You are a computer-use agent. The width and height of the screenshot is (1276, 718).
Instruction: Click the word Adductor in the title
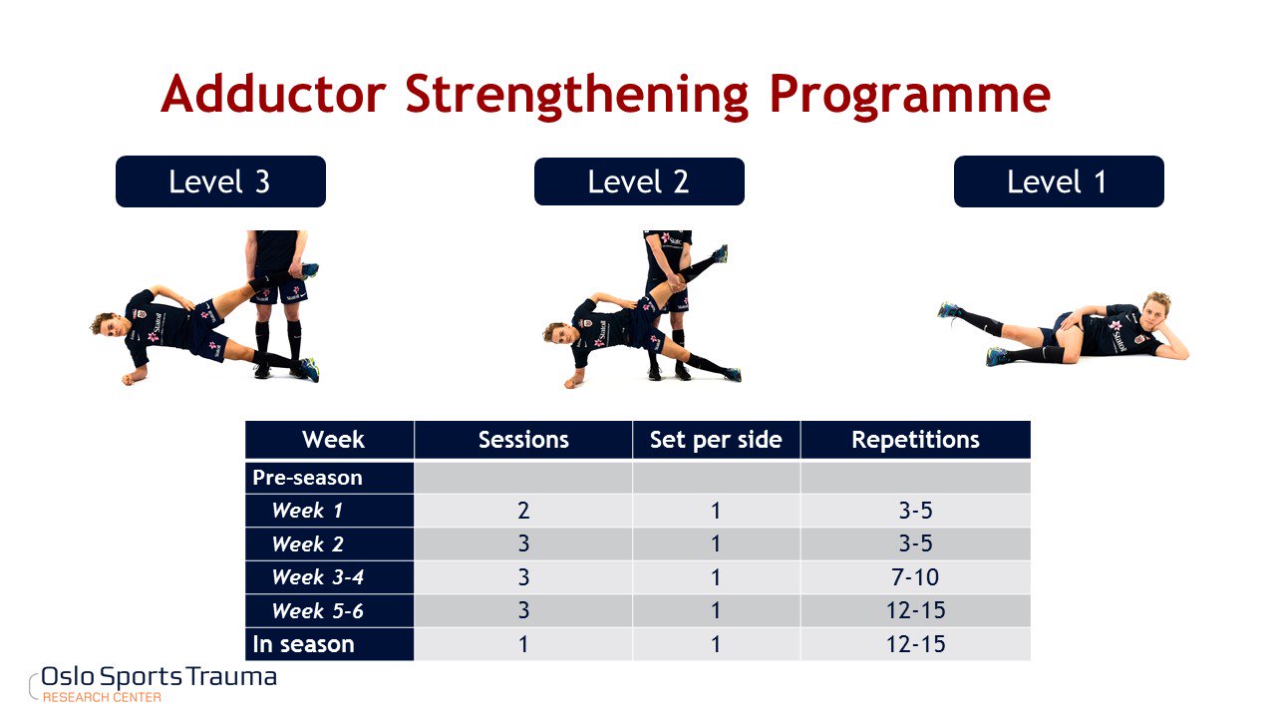coord(273,94)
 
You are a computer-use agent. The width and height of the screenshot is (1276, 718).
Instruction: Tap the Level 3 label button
coord(220,181)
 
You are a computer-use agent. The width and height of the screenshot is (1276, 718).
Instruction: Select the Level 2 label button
coord(639,181)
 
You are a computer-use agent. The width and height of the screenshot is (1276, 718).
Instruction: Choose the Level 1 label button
coord(1059,181)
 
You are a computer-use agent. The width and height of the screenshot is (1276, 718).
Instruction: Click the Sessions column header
coord(523,440)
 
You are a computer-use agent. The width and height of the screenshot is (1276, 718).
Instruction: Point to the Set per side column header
coord(716,440)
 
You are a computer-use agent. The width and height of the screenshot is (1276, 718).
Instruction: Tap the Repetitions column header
coord(915,440)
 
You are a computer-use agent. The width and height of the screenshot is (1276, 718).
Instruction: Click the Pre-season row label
coord(307,478)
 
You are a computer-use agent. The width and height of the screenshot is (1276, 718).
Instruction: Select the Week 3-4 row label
coord(317,577)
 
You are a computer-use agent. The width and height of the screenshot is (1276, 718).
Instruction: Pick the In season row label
coord(303,644)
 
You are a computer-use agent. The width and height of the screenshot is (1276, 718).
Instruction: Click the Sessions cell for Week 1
coord(523,510)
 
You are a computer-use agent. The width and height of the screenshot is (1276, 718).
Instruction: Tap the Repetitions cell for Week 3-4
coord(915,577)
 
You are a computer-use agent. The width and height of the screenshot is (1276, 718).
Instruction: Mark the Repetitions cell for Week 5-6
coord(915,611)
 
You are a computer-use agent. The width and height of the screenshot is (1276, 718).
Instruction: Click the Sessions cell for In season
coord(523,644)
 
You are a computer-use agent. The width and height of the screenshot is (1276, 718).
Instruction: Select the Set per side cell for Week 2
coord(716,543)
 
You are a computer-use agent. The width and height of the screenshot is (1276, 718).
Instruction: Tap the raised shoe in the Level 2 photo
coord(721,252)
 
